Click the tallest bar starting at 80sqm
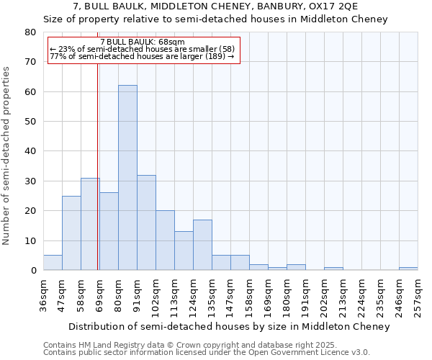coord(127,178)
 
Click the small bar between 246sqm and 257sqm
coord(408,269)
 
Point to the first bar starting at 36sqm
coord(53,263)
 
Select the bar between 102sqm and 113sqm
coord(165,240)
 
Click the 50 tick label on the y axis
coord(30,122)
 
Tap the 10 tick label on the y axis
coord(30,240)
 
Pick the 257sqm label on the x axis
coord(418,294)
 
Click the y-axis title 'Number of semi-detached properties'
coord(6,155)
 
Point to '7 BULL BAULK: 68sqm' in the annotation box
coord(143,42)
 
